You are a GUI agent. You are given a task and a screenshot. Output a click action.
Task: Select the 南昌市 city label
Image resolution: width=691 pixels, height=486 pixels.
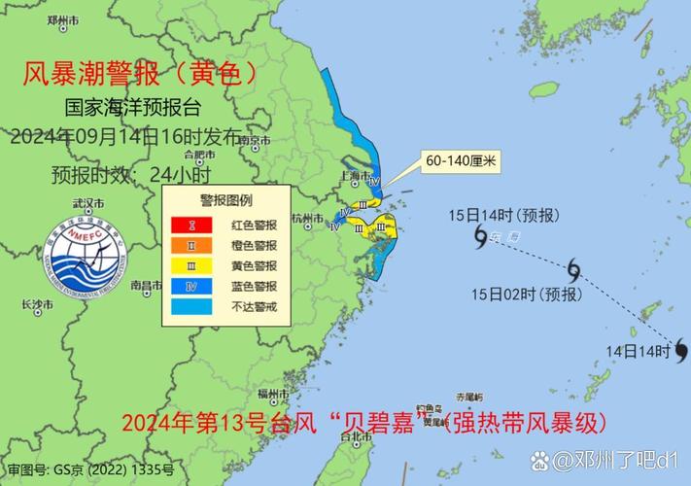click(x=145, y=286)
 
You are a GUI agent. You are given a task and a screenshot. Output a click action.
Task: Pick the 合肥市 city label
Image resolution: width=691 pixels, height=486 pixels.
click(x=198, y=154)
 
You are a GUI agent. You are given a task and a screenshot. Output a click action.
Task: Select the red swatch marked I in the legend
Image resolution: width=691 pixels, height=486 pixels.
click(x=192, y=225)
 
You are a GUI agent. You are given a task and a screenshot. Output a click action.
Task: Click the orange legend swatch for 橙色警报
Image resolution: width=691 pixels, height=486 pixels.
click(x=192, y=245)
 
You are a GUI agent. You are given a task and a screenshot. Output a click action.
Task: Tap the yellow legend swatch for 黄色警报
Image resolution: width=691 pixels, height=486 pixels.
click(x=192, y=265)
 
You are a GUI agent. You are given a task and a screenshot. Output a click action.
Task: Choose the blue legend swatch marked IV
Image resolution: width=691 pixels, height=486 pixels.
click(x=192, y=286)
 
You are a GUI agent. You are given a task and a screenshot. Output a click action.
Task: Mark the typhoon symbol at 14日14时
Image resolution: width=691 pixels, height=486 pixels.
click(x=681, y=349)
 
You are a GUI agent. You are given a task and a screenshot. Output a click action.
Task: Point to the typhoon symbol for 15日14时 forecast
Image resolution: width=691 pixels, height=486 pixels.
click(x=480, y=234)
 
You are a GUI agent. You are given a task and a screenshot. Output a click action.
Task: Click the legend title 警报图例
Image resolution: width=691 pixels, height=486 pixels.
click(x=226, y=201)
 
